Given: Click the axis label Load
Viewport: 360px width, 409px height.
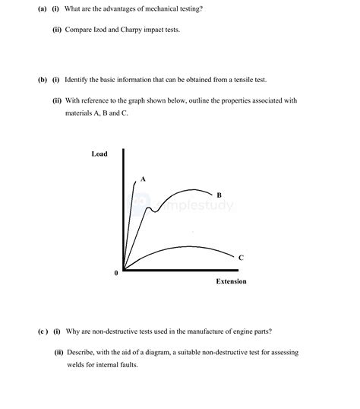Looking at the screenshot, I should click(x=99, y=154).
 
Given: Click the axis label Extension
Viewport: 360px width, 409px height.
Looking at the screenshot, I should click(x=232, y=281).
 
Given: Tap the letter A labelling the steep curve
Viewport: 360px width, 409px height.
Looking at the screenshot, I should click(x=143, y=179).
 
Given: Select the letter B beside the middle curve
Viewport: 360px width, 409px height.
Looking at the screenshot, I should click(x=219, y=195).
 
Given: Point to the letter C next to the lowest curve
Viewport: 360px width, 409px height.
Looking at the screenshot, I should click(x=241, y=258).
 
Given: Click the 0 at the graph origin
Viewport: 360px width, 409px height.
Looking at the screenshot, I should click(x=115, y=272).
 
